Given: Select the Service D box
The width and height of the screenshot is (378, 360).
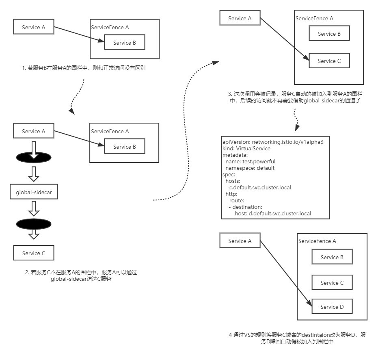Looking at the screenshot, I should pyautogui.click(x=332, y=307).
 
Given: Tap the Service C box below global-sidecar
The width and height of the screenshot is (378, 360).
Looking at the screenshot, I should pyautogui.click(x=34, y=253).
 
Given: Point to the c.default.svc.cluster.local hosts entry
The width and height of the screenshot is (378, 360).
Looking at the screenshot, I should pyautogui.click(x=258, y=187).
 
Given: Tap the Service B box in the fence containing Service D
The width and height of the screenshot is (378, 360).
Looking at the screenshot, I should pyautogui.click(x=332, y=257).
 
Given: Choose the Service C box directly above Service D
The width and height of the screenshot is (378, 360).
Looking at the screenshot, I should pyautogui.click(x=332, y=283).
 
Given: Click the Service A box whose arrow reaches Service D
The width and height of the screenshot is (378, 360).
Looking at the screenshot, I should pyautogui.click(x=240, y=241).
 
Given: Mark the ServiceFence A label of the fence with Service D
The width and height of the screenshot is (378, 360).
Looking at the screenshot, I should pyautogui.click(x=317, y=241).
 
